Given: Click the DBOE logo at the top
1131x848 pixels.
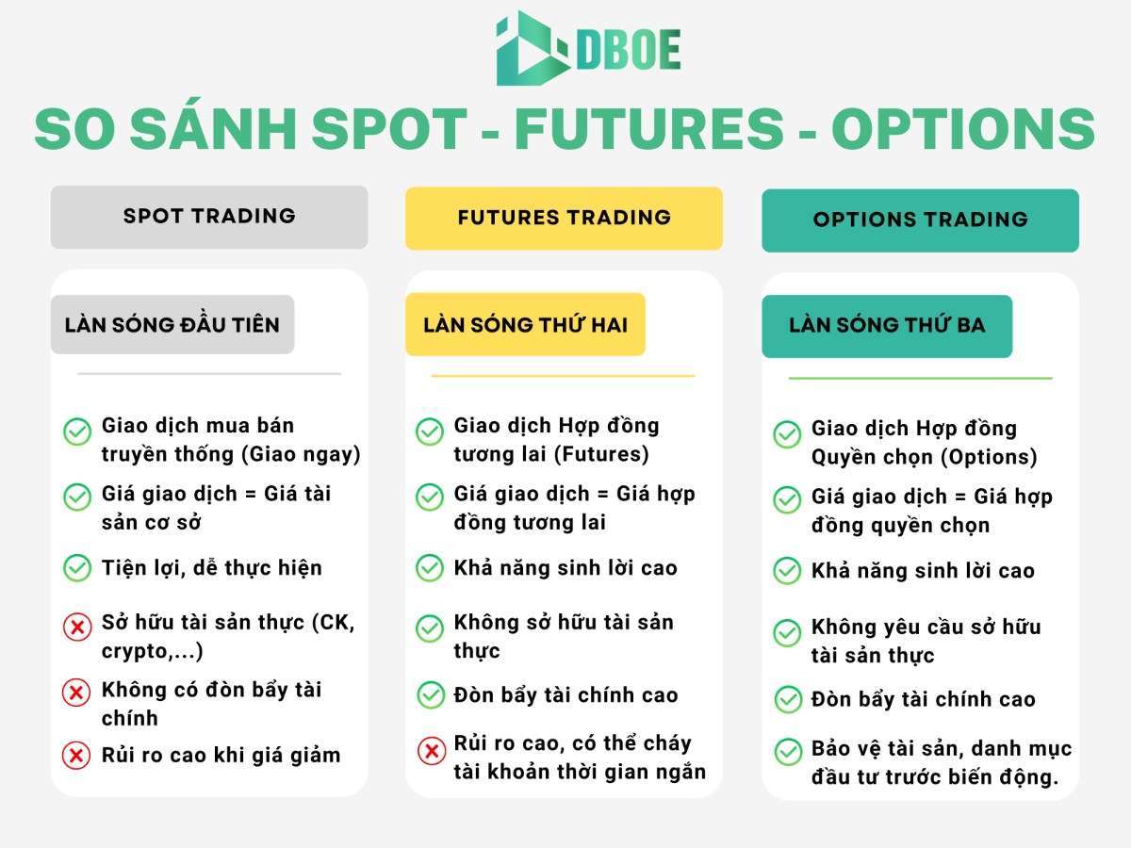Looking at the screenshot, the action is point(588,48).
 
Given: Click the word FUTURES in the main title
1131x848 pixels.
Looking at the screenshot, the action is point(649,129).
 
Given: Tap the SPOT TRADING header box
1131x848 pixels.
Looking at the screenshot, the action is point(209,218).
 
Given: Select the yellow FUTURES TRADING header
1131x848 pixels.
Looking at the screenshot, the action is point(565,219).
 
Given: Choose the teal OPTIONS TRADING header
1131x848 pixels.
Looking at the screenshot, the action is point(920,220).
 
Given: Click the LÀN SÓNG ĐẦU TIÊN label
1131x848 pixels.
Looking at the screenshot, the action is point(172,324).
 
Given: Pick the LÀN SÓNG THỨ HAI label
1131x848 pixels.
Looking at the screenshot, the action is point(526,324).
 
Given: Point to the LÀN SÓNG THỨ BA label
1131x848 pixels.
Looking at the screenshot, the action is point(887,326).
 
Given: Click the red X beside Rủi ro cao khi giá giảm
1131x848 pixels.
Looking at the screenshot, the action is point(76,756).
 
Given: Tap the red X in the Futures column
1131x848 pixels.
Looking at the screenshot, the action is point(432,751).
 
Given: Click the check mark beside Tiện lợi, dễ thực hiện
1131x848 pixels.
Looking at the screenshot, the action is point(77,568).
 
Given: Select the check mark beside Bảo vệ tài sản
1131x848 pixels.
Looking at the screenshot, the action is point(788,752).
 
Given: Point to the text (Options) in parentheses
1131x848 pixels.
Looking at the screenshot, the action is point(989,457).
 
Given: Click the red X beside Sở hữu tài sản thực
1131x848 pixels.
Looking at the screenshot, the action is point(77,628).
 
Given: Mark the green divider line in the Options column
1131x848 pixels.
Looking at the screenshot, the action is point(920,379).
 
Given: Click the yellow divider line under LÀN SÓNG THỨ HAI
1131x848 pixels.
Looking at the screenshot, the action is point(564,376).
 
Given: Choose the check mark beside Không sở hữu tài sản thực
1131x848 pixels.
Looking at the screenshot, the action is point(430,628).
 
